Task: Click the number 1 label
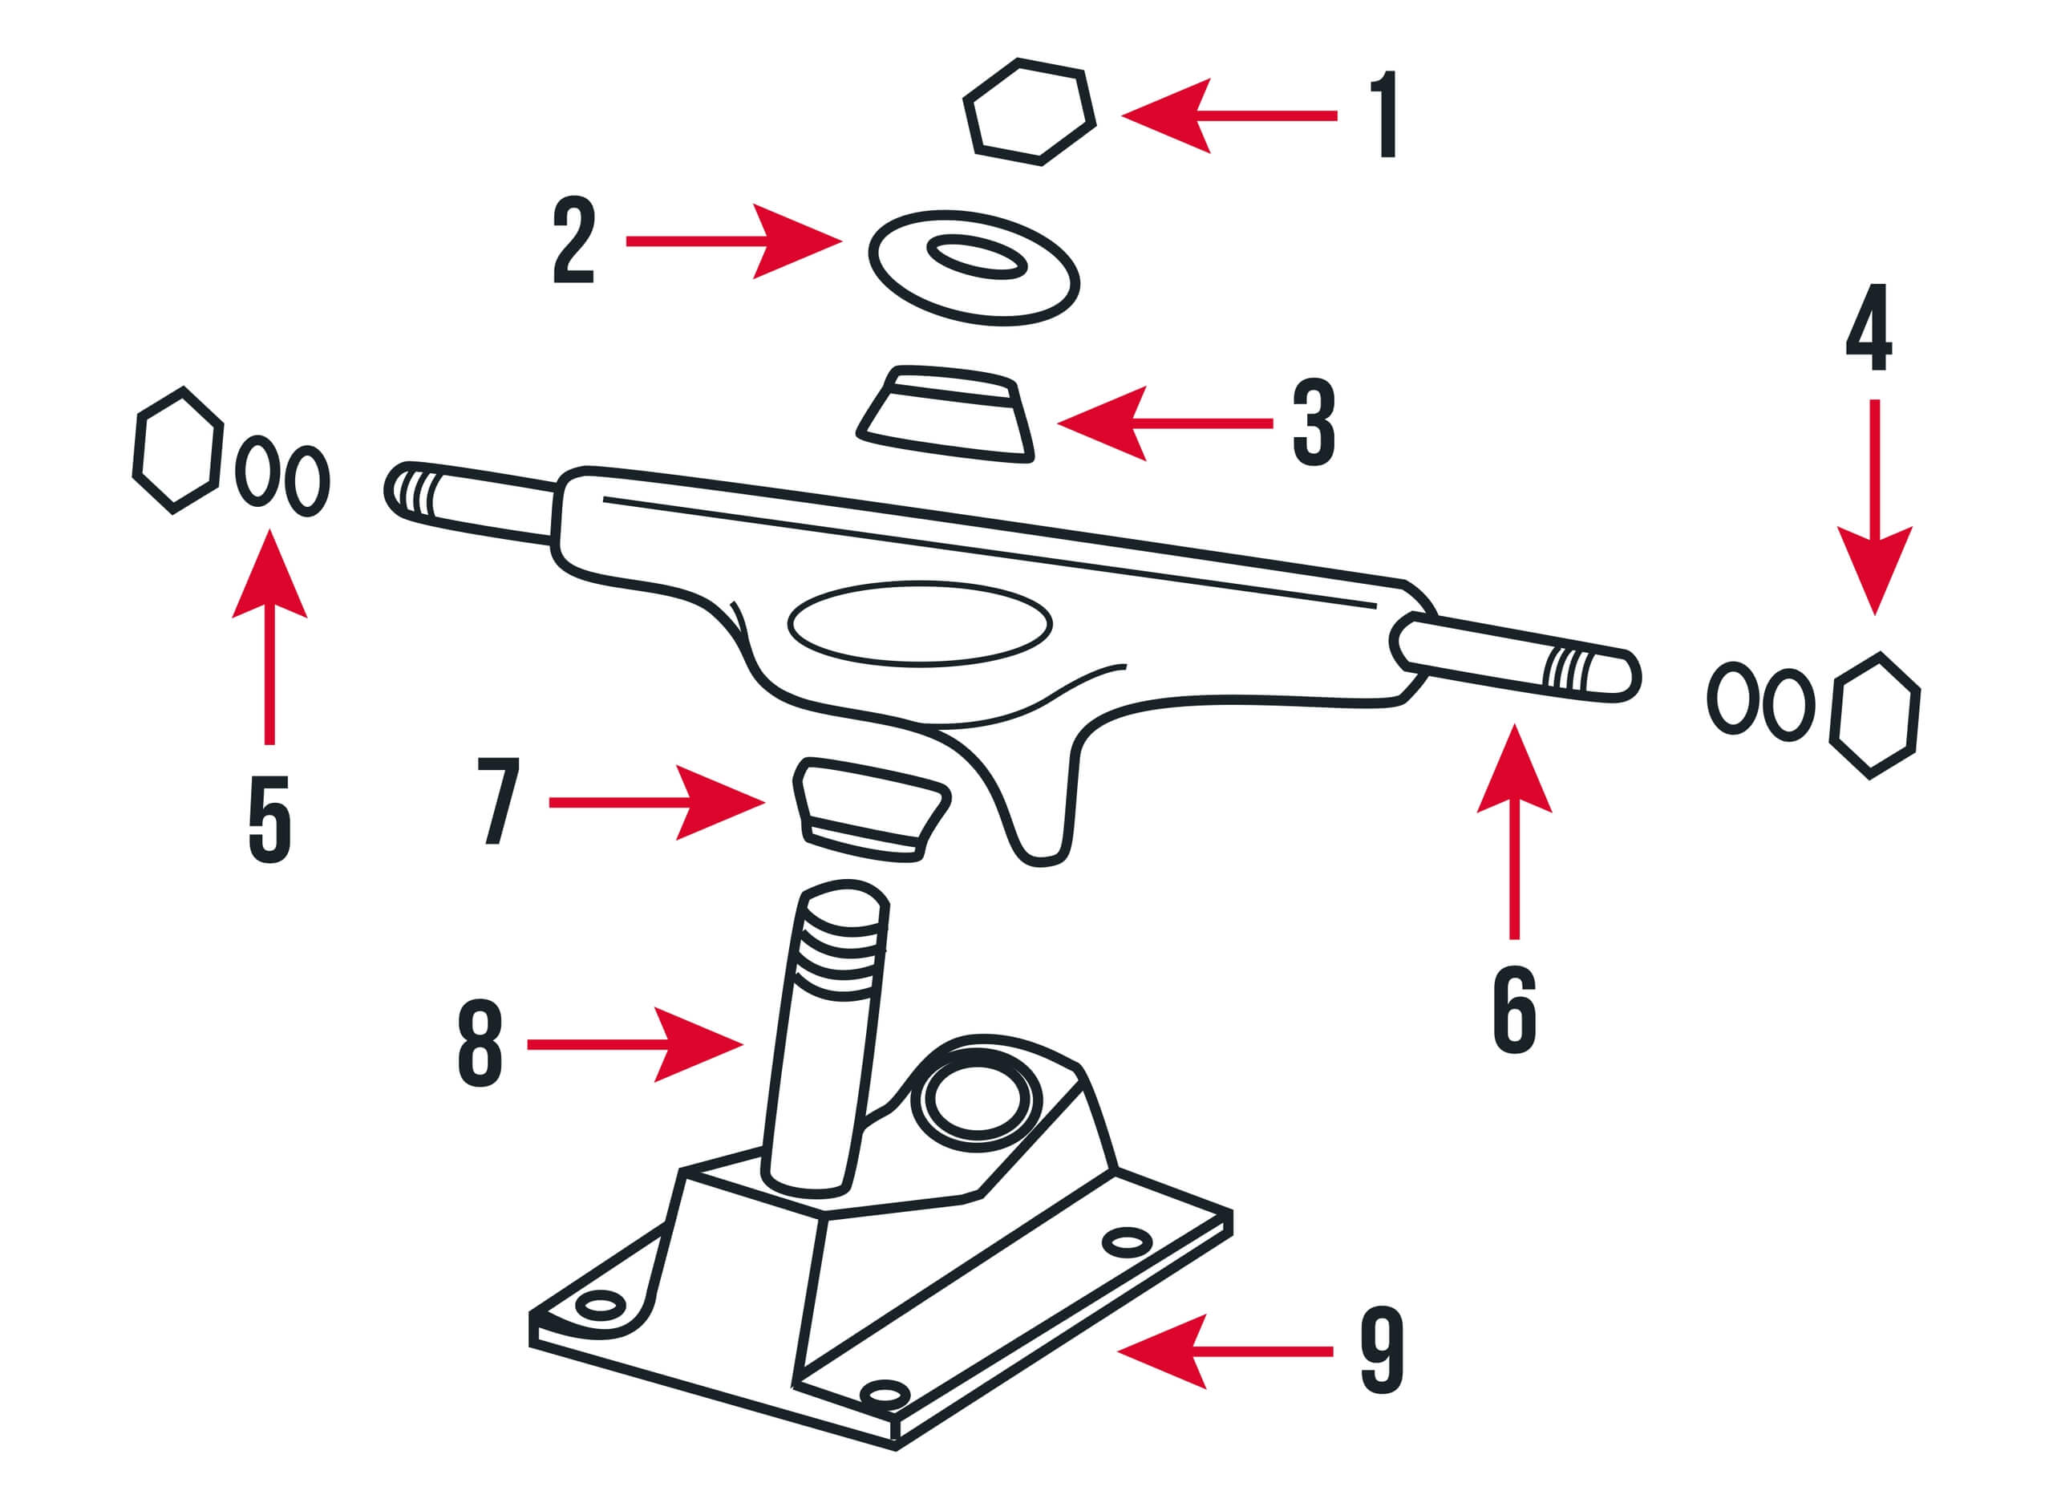[x=1384, y=115]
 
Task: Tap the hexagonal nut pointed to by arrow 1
[x=1029, y=112]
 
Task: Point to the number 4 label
[x=1869, y=327]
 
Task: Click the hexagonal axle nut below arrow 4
[x=1875, y=715]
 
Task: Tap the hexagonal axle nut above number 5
[x=178, y=451]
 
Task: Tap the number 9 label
[x=1382, y=1352]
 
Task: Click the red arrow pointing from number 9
[x=1225, y=1352]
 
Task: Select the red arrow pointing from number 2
[x=734, y=241]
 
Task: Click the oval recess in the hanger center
[x=920, y=623]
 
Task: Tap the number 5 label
[x=269, y=819]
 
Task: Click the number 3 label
[x=1314, y=423]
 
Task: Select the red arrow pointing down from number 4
[x=1875, y=508]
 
